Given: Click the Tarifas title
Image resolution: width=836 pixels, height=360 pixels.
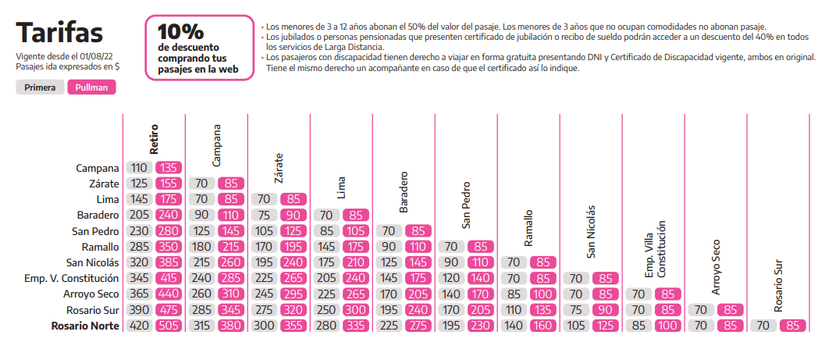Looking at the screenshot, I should [x=59, y=33].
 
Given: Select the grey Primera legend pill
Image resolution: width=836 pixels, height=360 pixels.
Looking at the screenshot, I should [x=39, y=87].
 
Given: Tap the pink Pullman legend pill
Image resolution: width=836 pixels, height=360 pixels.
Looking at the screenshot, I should [x=92, y=87].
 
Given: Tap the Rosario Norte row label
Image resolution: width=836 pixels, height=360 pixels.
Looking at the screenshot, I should [x=86, y=326].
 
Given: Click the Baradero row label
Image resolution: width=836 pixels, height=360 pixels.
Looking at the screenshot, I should [x=98, y=215].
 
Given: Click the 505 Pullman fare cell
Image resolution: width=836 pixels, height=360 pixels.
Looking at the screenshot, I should [x=169, y=326].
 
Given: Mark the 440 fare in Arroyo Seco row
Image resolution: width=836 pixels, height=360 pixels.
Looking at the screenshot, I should [x=169, y=294].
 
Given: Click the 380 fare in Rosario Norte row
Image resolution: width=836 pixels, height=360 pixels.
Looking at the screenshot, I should [x=231, y=326].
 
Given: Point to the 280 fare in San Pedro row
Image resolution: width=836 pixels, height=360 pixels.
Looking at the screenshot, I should [x=169, y=230].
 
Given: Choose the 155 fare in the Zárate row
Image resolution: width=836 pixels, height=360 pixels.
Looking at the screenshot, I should [x=169, y=184].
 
